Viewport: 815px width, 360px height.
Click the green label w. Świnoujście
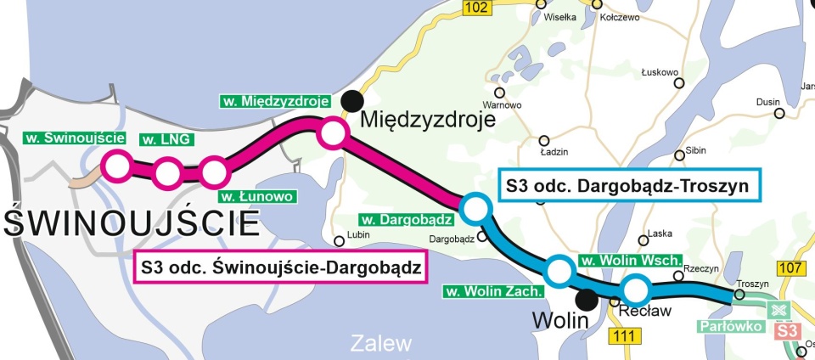coord(76,138)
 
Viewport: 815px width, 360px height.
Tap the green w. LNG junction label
coord(165,138)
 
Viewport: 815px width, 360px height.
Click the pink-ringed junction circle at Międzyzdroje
coord(332,133)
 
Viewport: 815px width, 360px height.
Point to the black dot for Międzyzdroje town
coord(350,102)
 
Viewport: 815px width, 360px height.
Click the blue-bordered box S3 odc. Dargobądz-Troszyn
coord(628,186)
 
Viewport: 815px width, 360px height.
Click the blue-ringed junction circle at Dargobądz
coord(474,206)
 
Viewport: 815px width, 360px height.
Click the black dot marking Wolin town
coord(585,299)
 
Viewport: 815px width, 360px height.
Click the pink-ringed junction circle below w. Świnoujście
coord(116,166)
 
